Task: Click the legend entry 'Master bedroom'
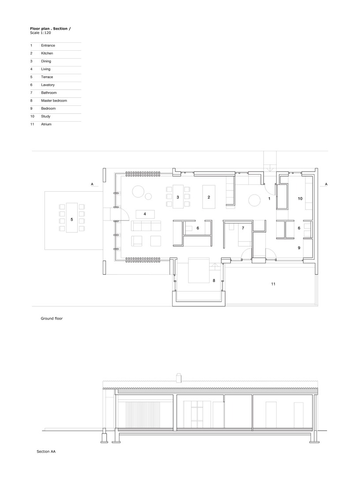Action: (x=54, y=101)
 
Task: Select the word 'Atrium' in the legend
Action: (x=46, y=124)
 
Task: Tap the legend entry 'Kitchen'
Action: (x=47, y=53)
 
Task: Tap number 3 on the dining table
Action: (x=177, y=197)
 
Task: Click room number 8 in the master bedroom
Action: (x=214, y=280)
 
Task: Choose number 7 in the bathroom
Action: (x=242, y=228)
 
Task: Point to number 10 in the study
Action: (x=300, y=199)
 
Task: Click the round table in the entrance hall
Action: (x=255, y=200)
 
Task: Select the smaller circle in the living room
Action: (x=149, y=196)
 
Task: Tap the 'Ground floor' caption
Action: (x=52, y=318)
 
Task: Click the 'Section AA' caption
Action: (x=46, y=451)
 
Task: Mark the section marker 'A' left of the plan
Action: (x=92, y=183)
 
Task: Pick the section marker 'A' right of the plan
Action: (x=325, y=183)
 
